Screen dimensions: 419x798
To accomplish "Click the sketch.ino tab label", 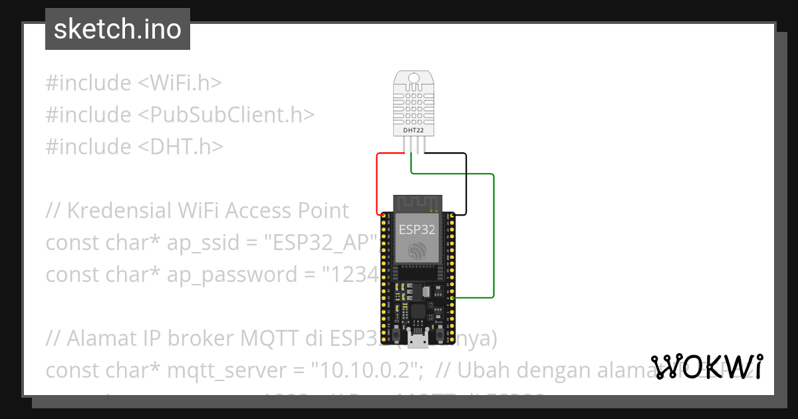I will click(x=117, y=29).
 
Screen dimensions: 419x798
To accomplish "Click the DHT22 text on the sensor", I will click(x=414, y=130).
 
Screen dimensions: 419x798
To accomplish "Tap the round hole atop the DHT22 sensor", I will click(x=414, y=78).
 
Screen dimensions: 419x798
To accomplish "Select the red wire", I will click(x=378, y=180).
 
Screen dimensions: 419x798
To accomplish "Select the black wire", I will click(x=465, y=183).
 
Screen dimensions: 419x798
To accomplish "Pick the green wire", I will click(x=493, y=233).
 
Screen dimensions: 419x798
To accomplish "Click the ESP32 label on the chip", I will click(x=417, y=230).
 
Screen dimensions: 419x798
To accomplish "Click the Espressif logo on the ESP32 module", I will click(x=417, y=252).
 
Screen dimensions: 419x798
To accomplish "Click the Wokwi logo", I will click(x=707, y=366).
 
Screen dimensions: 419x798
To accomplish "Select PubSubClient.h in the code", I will click(x=226, y=115).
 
